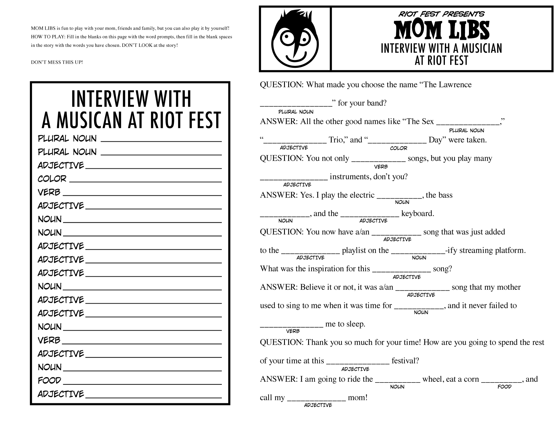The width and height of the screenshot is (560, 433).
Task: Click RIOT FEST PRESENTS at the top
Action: (442, 14)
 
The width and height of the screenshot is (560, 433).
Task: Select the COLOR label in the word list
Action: (52, 179)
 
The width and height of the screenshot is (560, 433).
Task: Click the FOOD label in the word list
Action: (50, 380)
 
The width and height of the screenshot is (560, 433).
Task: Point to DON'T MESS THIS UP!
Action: (57, 62)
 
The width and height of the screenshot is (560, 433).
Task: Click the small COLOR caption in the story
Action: (398, 148)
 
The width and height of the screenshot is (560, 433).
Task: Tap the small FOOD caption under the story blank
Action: (504, 387)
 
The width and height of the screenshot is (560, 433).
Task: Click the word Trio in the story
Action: (336, 140)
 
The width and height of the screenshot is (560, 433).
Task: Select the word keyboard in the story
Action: (417, 214)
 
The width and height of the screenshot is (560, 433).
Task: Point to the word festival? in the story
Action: (405, 361)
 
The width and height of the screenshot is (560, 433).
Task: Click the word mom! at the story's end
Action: (357, 397)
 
